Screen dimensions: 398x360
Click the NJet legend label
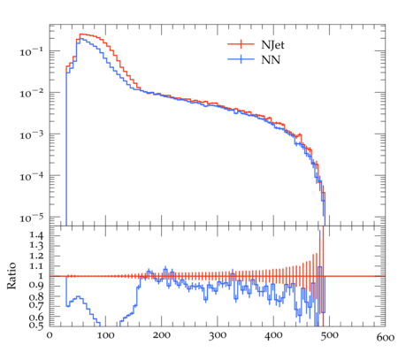(x=272, y=45)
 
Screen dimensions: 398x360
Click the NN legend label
(x=271, y=60)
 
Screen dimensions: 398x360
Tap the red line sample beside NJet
(x=241, y=44)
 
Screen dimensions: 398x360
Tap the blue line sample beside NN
(x=241, y=59)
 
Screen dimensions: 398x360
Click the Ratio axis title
(x=11, y=276)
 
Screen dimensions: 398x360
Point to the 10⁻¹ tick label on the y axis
(x=31, y=52)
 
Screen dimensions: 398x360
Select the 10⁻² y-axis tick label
(x=31, y=94)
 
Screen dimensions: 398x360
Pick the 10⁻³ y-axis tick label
(x=31, y=135)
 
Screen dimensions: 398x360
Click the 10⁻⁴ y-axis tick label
(x=31, y=177)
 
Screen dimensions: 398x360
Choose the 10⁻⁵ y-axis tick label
(x=31, y=218)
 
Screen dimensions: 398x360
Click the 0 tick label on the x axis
(x=50, y=336)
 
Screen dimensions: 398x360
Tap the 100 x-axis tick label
(x=105, y=336)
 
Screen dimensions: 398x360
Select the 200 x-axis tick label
(x=162, y=336)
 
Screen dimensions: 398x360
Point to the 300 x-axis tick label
(x=218, y=336)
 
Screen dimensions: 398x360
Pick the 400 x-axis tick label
(x=273, y=336)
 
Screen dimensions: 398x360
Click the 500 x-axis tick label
(x=330, y=336)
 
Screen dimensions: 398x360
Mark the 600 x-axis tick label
(x=386, y=337)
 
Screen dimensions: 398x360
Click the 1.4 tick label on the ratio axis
(x=36, y=235)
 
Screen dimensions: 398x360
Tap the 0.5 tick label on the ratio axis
(x=36, y=325)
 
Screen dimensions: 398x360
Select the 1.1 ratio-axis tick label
(x=36, y=266)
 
